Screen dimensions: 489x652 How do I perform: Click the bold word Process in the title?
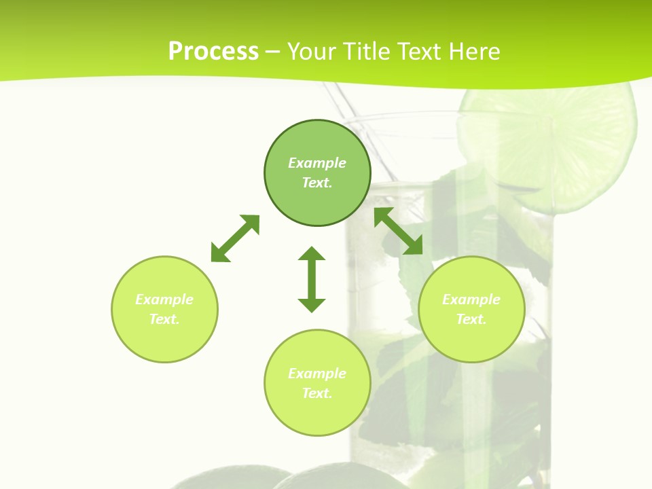click(213, 52)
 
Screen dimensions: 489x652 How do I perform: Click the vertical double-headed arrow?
click(312, 279)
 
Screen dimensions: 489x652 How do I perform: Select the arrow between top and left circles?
click(235, 238)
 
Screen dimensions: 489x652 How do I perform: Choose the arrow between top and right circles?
click(399, 231)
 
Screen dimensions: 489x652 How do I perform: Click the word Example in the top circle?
click(317, 163)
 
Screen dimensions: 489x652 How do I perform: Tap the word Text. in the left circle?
click(164, 319)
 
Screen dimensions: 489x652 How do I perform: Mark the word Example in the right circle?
click(471, 300)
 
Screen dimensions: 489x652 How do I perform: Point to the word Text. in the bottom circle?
click(317, 393)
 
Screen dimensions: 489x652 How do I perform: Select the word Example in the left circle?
click(164, 300)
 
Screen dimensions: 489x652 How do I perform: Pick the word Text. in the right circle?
click(471, 319)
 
